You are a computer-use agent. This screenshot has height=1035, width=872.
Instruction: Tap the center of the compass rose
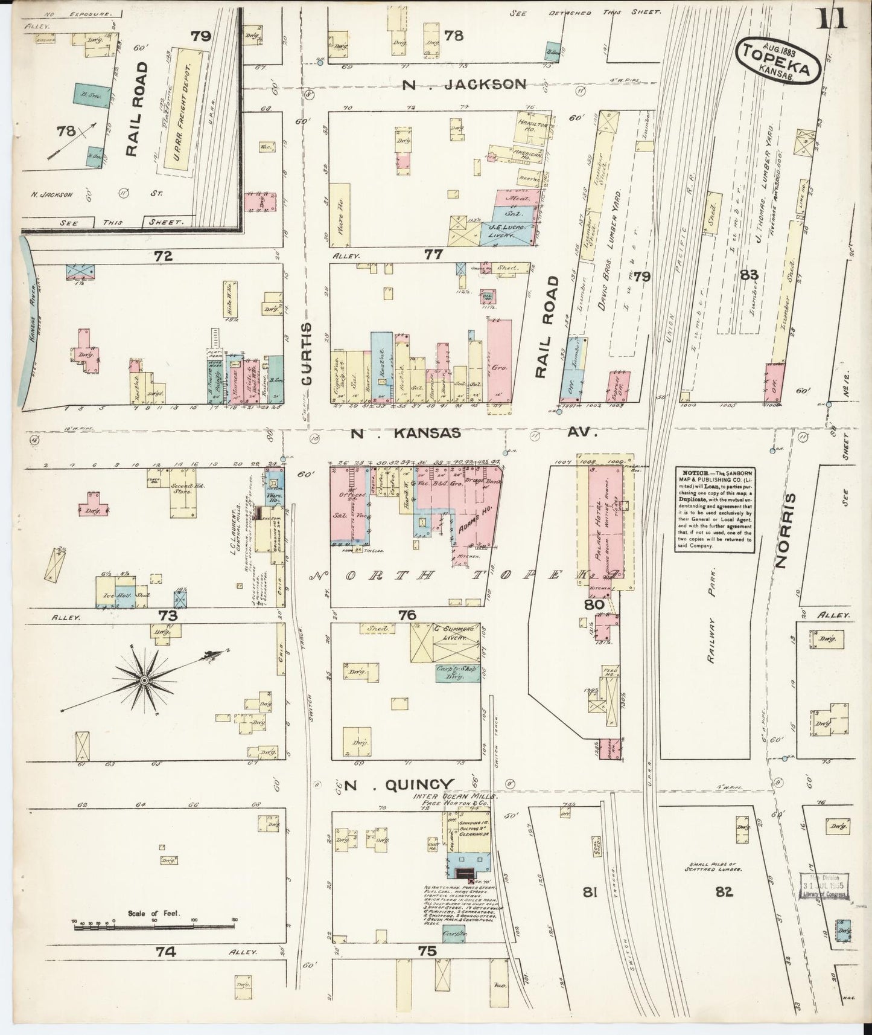pos(144,681)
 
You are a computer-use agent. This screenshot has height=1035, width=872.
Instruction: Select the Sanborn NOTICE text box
pos(714,508)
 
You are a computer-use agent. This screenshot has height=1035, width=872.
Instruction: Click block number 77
pos(433,255)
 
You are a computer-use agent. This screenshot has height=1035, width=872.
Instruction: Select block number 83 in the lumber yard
pos(749,275)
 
